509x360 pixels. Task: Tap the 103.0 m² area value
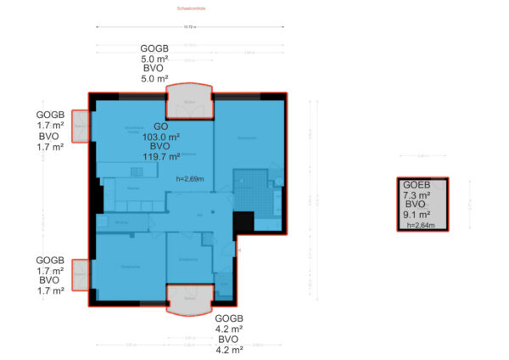pyautogui.click(x=160, y=137)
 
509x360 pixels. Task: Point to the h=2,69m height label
pyautogui.click(x=191, y=179)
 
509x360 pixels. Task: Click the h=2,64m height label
pyautogui.click(x=420, y=226)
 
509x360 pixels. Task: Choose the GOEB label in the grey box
pyautogui.click(x=416, y=184)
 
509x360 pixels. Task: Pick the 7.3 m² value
pyautogui.click(x=416, y=194)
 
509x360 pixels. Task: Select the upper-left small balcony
pyautogui.click(x=80, y=127)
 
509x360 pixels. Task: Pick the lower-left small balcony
pyautogui.click(x=80, y=275)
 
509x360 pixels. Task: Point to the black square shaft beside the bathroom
pyautogui.click(x=243, y=222)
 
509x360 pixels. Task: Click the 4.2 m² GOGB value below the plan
pyautogui.click(x=229, y=329)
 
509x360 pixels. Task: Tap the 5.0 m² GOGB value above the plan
pyautogui.click(x=154, y=59)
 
